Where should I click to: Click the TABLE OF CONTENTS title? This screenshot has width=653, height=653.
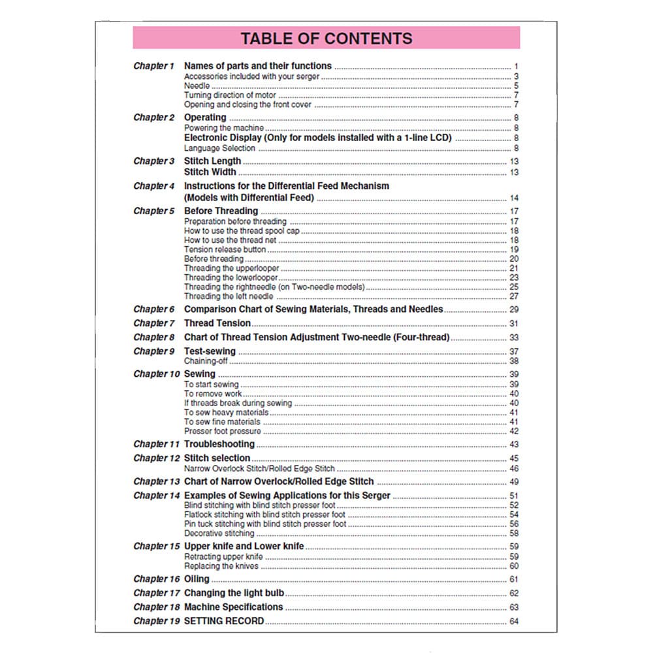point(326,38)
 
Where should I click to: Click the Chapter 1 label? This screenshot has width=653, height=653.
point(153,66)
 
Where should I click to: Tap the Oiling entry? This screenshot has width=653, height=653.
point(197,579)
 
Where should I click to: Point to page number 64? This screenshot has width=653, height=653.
point(514,621)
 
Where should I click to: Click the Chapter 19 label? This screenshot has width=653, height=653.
point(156,621)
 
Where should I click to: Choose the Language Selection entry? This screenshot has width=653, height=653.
point(219,148)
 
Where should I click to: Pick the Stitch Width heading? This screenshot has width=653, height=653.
point(210,172)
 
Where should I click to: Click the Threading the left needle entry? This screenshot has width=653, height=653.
point(229,296)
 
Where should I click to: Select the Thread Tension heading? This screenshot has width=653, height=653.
point(217,323)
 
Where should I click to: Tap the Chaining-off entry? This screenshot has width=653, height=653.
point(206,361)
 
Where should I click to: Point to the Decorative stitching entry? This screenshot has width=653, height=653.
point(219,534)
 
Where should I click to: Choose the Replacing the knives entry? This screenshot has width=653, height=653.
point(221,566)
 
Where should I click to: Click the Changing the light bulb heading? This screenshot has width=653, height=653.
point(234,594)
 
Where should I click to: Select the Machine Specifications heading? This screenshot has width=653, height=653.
point(233,607)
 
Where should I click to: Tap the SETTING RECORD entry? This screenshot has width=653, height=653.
point(224,621)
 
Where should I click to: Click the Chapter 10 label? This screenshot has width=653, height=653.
point(156,374)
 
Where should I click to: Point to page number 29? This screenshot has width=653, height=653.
point(514,310)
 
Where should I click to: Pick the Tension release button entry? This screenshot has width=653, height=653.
point(225,249)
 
